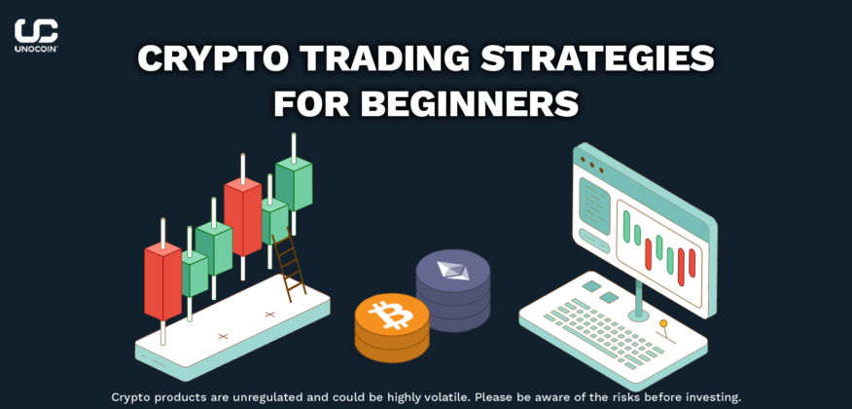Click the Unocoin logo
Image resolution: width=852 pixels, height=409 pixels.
pyautogui.click(x=36, y=35)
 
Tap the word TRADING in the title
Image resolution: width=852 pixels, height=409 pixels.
pyautogui.click(x=374, y=58)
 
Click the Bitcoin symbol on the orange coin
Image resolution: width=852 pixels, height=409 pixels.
pyautogui.click(x=389, y=316)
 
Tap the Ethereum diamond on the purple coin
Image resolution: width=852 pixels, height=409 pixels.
pyautogui.click(x=452, y=271)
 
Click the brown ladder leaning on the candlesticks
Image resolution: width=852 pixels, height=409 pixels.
pyautogui.click(x=288, y=264)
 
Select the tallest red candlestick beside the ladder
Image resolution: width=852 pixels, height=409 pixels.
pyautogui.click(x=243, y=216)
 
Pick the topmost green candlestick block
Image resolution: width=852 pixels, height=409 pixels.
pyautogui.click(x=294, y=184)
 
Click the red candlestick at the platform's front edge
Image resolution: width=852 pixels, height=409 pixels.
pyautogui.click(x=162, y=281)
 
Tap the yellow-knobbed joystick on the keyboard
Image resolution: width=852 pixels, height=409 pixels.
pyautogui.click(x=664, y=332)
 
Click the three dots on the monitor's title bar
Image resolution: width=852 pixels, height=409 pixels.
pyautogui.click(x=590, y=165)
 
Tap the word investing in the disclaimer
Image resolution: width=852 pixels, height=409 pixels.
pyautogui.click(x=718, y=397)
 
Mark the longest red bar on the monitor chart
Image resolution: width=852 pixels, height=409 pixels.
pyautogui.click(x=681, y=267)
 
